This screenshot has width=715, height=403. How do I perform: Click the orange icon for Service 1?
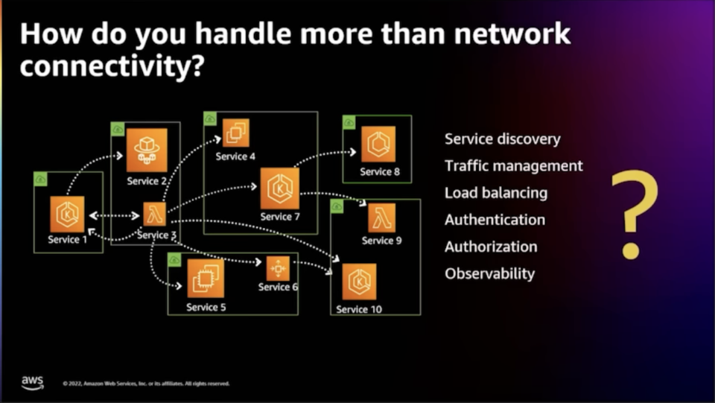68,215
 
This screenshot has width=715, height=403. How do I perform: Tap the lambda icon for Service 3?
153,215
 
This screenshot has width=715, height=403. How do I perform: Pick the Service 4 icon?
236,133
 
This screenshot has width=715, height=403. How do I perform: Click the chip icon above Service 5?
205,278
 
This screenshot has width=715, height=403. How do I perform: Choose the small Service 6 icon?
278,268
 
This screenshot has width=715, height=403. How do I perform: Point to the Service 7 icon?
279,188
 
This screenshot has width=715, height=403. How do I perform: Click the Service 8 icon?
378,145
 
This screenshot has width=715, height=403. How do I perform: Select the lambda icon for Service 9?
381,218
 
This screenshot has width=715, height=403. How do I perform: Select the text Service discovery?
502,139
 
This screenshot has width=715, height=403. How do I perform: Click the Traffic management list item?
513,166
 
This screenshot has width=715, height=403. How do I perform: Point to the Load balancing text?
495,193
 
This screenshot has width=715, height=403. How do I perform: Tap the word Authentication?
495,220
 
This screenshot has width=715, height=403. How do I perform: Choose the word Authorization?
490,247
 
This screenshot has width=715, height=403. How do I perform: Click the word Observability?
489,273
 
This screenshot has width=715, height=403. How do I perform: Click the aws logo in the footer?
32,382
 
